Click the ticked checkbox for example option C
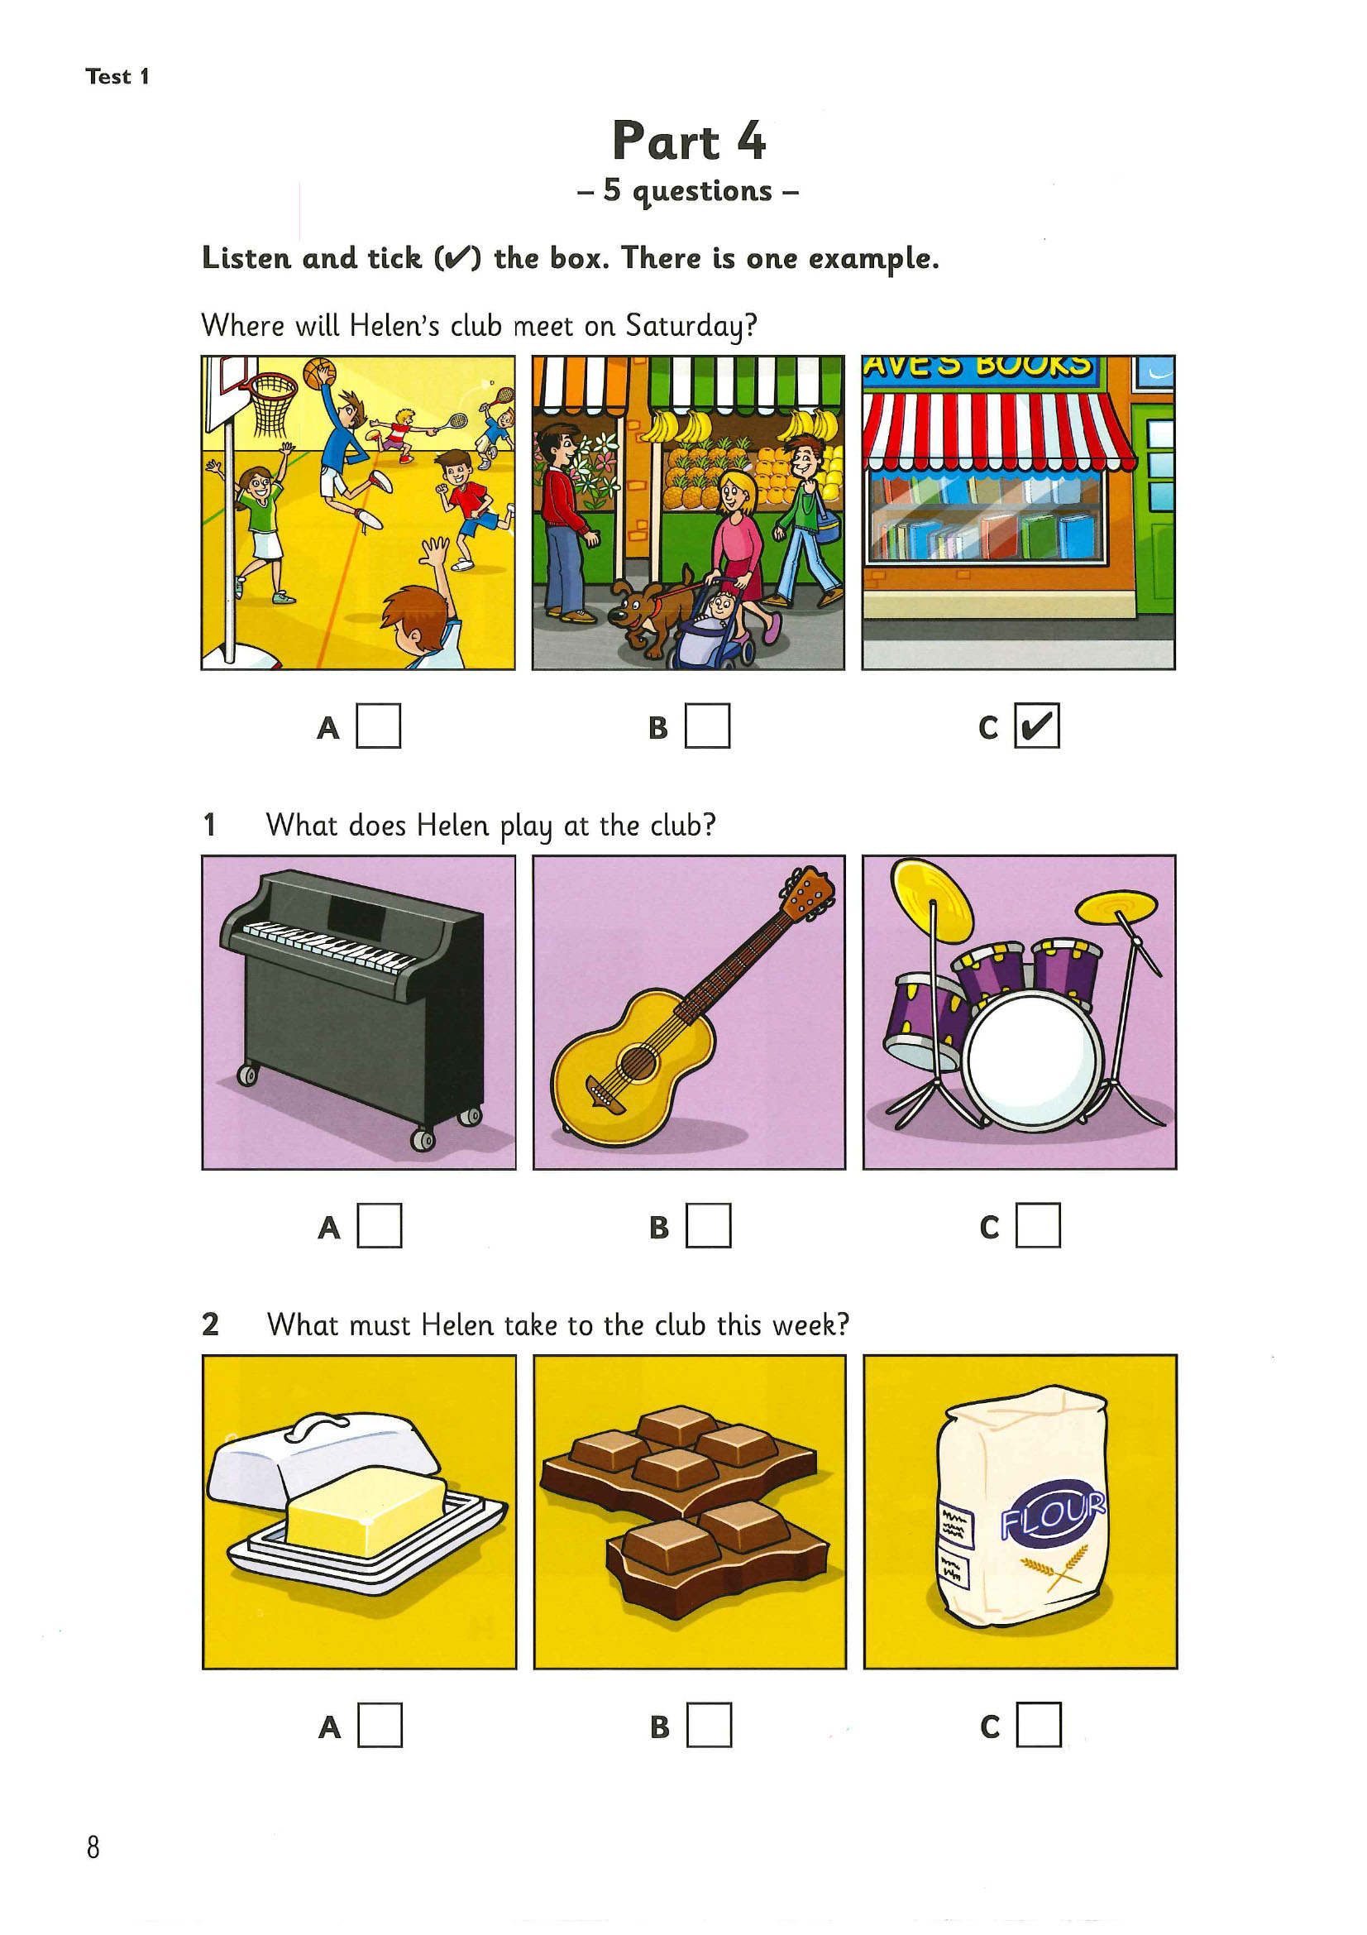pyautogui.click(x=1037, y=726)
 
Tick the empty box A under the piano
pyautogui.click(x=380, y=1225)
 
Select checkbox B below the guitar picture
pyautogui.click(x=710, y=1225)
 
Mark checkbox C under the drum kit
pyautogui.click(x=1039, y=1225)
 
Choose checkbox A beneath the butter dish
pyautogui.click(x=380, y=1725)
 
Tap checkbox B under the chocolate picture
pyautogui.click(x=710, y=1725)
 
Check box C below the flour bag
pyautogui.click(x=1040, y=1725)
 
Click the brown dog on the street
pyautogui.click(x=651, y=612)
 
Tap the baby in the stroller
pyautogui.click(x=721, y=609)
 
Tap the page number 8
pyautogui.click(x=93, y=1848)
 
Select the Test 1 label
pyautogui.click(x=117, y=76)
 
